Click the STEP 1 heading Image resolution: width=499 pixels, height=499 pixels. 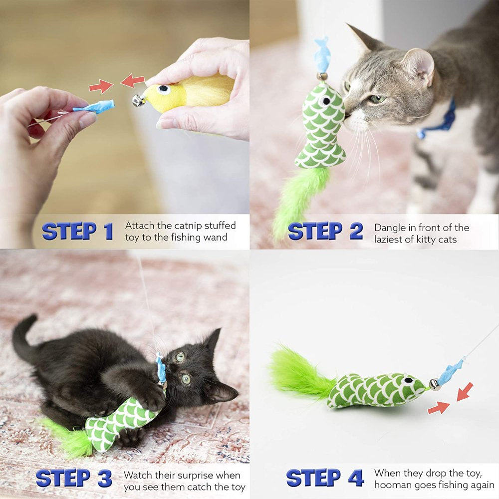pyautogui.click(x=77, y=231)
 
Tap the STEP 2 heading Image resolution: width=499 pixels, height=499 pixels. pyautogui.click(x=325, y=231)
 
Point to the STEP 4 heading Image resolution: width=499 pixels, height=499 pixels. pyautogui.click(x=325, y=478)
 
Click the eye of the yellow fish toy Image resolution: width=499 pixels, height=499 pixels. pyautogui.click(x=164, y=90)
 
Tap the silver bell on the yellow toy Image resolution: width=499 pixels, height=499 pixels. pyautogui.click(x=138, y=101)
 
